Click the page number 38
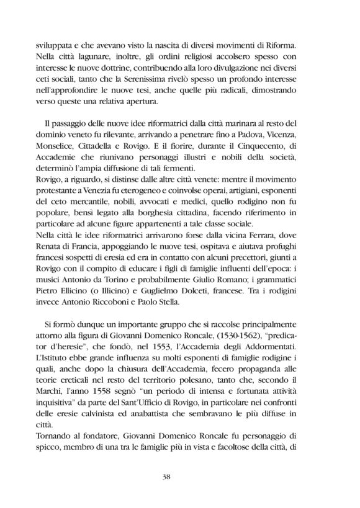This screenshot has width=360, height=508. pos(179,476)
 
